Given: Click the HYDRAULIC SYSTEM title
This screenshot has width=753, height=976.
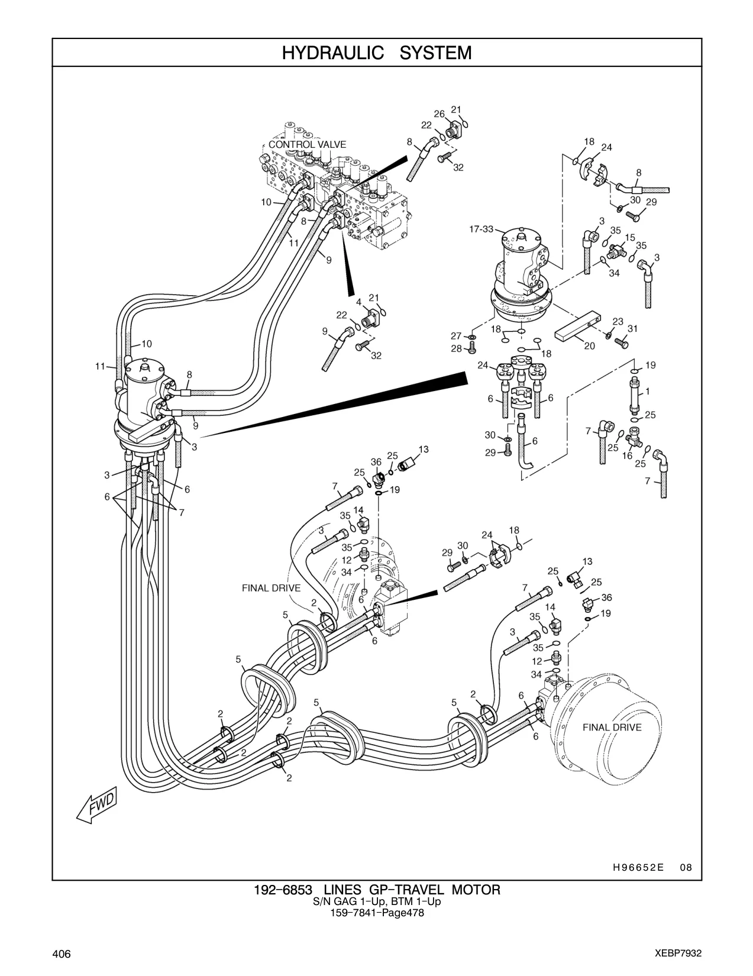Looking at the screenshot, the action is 377,53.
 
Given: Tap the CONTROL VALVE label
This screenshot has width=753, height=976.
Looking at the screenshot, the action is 307,145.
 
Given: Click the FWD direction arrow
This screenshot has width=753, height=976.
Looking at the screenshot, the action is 96,805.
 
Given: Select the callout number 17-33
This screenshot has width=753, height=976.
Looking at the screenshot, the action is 481,229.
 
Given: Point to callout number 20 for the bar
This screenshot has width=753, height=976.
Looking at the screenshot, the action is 590,346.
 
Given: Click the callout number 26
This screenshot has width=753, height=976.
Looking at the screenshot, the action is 439,114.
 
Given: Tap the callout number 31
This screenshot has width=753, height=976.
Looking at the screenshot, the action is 632,329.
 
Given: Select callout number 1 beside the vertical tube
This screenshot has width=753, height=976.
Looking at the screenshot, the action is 648,392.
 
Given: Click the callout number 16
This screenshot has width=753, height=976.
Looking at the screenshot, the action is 627,456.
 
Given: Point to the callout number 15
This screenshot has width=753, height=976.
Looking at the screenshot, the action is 630,238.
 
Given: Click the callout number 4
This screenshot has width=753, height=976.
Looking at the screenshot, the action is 359,302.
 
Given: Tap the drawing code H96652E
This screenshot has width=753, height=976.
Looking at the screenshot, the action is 638,868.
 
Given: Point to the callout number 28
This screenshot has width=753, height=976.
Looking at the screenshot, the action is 456,348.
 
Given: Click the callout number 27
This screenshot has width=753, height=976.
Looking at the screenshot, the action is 456,336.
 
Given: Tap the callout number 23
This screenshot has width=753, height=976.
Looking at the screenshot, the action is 618,322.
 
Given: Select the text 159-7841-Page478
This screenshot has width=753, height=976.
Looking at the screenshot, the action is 377,913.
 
